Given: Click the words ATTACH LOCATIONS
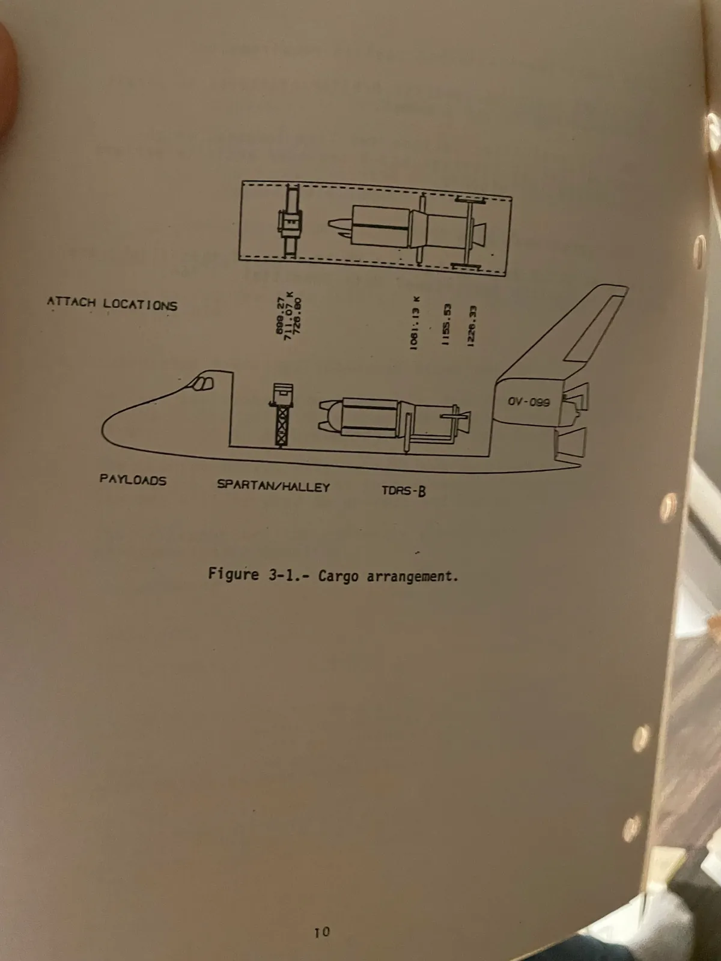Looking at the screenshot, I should [x=112, y=303].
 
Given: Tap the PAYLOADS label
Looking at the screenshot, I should [x=133, y=480].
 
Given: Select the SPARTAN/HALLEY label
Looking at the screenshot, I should [x=273, y=486].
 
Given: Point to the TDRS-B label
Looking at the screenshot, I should [x=404, y=491].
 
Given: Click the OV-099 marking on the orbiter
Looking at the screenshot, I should [x=528, y=402].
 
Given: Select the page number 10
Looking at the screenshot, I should [x=322, y=932].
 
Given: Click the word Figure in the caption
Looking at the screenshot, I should [x=233, y=574].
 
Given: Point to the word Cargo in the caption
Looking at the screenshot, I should [x=338, y=576].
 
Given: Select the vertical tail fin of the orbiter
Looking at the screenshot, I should [x=565, y=336].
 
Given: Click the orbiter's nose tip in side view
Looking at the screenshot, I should [x=104, y=428].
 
